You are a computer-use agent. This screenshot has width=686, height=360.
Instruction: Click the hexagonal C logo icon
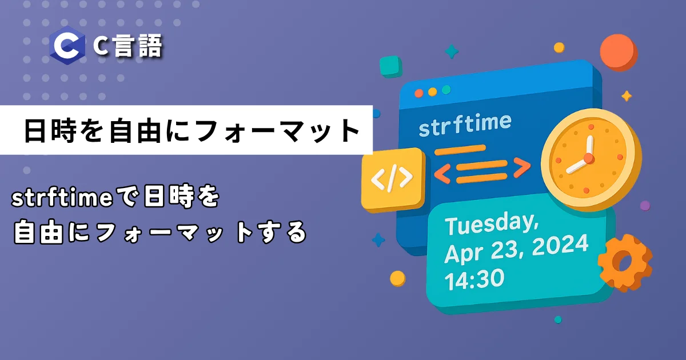pyautogui.click(x=67, y=45)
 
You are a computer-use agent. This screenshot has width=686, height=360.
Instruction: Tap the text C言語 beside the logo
pyautogui.click(x=127, y=46)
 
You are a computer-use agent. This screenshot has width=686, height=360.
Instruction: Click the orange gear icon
pyautogui.click(x=625, y=263)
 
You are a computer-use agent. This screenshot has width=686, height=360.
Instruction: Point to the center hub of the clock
pyautogui.click(x=589, y=158)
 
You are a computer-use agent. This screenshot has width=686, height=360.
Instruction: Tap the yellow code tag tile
pyautogui.click(x=393, y=179)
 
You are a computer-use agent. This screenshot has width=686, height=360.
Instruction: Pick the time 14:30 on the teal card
pyautogui.click(x=474, y=279)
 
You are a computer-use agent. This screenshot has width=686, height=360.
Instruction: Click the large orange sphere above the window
pyautogui.click(x=619, y=53)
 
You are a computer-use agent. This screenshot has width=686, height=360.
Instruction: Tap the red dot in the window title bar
pyautogui.click(x=418, y=93)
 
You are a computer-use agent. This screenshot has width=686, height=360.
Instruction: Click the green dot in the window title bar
pyautogui.click(x=446, y=90)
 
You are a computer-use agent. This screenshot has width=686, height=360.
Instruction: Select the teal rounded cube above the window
pyautogui.click(x=391, y=66)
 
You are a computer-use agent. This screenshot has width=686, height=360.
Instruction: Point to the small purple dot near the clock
pyautogui.click(x=645, y=205)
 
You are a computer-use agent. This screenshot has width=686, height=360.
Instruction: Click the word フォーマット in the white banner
pyautogui.click(x=278, y=131)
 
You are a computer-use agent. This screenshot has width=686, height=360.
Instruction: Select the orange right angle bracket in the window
pyautogui.click(x=521, y=167)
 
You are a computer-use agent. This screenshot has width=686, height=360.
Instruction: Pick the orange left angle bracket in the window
pyautogui.click(x=443, y=173)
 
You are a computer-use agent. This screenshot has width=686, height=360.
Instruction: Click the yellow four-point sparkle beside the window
pyautogui.click(x=627, y=96)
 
